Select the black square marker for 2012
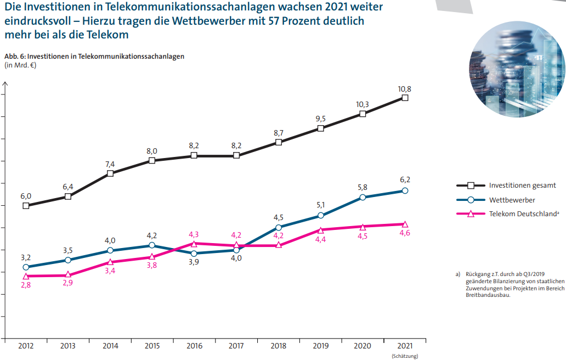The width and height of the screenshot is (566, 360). click(x=26, y=206)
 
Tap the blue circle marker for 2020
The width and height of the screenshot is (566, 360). click(x=363, y=197)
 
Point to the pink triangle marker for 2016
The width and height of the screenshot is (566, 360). click(x=194, y=243)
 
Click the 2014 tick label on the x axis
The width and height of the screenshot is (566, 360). click(x=110, y=346)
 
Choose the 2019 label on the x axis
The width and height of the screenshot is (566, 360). click(x=320, y=346)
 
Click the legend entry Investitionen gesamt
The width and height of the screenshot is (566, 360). click(x=522, y=185)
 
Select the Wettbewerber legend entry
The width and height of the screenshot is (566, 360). click(x=512, y=200)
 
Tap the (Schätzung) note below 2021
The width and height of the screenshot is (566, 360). click(x=405, y=356)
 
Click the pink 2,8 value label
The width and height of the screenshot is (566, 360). click(x=26, y=285)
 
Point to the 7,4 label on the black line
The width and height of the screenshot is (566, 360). click(x=110, y=164)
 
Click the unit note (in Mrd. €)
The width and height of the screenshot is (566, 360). click(x=20, y=65)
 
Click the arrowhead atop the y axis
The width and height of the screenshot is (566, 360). click(x=5, y=84)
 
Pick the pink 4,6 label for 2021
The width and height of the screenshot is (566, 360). click(x=405, y=233)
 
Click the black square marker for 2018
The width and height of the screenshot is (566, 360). click(x=279, y=142)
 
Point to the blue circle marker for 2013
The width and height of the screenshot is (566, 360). click(x=68, y=260)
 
